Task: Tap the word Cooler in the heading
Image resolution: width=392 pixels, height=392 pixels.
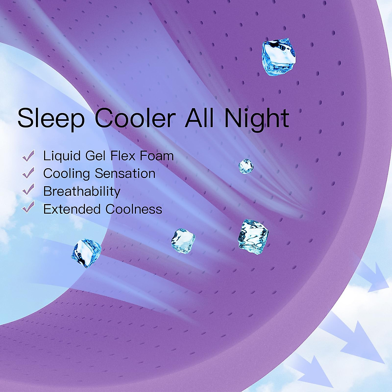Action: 135,118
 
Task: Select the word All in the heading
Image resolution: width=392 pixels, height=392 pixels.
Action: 199,118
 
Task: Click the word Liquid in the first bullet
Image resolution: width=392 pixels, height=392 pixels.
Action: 62,156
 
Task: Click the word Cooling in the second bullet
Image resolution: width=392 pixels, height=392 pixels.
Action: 67,174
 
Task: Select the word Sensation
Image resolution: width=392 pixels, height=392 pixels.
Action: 125,173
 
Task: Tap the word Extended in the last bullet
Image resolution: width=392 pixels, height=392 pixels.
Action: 72,209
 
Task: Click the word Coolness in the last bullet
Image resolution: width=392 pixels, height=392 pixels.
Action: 134,209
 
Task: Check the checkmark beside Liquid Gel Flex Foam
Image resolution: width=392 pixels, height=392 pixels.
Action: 28,156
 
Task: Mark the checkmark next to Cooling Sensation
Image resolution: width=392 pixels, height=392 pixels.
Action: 28,173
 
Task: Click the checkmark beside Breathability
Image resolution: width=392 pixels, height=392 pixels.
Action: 28,189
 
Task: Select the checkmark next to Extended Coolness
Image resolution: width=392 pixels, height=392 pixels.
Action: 28,207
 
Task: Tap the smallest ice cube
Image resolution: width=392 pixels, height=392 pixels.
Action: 246,166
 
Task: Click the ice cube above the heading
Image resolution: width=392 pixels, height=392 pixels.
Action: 278,57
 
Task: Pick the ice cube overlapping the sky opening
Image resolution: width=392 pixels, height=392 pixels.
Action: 86,253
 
